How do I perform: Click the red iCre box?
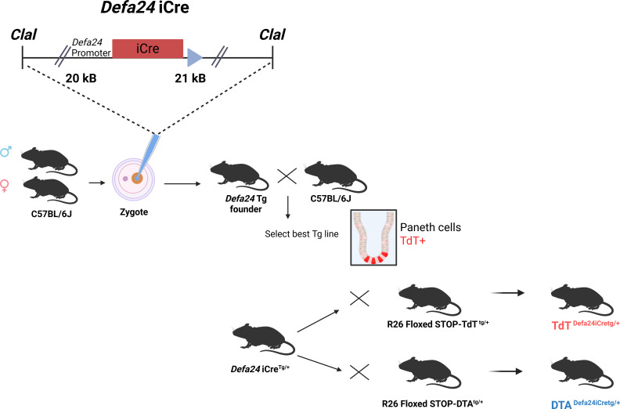148,49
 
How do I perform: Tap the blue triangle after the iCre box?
195,58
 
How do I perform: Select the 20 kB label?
81,78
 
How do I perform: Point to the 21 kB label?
190,78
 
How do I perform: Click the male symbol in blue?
6,151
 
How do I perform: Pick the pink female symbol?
5,186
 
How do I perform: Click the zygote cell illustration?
133,179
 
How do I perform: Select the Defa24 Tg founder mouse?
240,176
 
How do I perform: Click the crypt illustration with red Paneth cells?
373,237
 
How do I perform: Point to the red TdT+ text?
413,241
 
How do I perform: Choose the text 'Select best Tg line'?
301,234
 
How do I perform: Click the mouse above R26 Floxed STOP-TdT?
430,300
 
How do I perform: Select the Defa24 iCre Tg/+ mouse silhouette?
263,339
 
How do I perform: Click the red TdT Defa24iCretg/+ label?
586,324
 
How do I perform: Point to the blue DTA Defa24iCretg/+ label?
586,404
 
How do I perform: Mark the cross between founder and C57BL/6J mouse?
287,176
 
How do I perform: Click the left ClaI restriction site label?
23,34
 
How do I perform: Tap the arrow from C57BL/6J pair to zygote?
97,183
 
